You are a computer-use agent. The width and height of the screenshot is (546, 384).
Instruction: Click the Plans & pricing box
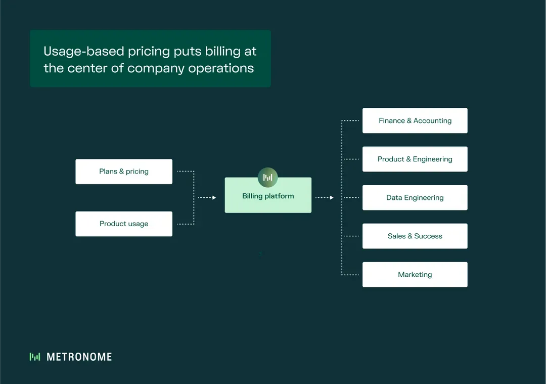pyautogui.click(x=124, y=172)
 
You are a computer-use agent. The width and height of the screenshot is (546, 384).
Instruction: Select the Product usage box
pyautogui.click(x=124, y=224)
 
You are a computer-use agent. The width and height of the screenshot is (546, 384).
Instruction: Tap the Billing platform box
pyautogui.click(x=268, y=196)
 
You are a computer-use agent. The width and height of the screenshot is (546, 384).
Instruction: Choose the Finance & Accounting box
pyautogui.click(x=415, y=120)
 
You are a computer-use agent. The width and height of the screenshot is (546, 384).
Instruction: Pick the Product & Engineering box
pyautogui.click(x=415, y=159)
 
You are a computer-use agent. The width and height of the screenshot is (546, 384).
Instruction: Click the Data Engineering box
pyautogui.click(x=415, y=197)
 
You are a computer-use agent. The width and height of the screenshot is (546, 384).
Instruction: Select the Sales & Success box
pyautogui.click(x=415, y=236)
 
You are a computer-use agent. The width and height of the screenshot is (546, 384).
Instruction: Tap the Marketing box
pyautogui.click(x=415, y=274)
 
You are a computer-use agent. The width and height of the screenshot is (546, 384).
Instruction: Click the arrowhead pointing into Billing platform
pyautogui.click(x=214, y=198)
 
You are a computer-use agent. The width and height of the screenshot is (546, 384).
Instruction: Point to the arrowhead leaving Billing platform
pyautogui.click(x=332, y=198)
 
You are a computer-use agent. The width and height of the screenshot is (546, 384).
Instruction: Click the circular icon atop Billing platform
pyautogui.click(x=268, y=177)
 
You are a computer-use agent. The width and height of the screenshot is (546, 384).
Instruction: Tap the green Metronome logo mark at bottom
pyautogui.click(x=35, y=357)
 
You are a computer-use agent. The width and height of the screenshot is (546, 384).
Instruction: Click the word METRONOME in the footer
pyautogui.click(x=79, y=357)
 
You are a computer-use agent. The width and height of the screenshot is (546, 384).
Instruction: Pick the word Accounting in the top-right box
pyautogui.click(x=432, y=120)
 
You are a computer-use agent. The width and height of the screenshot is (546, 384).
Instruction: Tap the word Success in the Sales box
pyautogui.click(x=428, y=236)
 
